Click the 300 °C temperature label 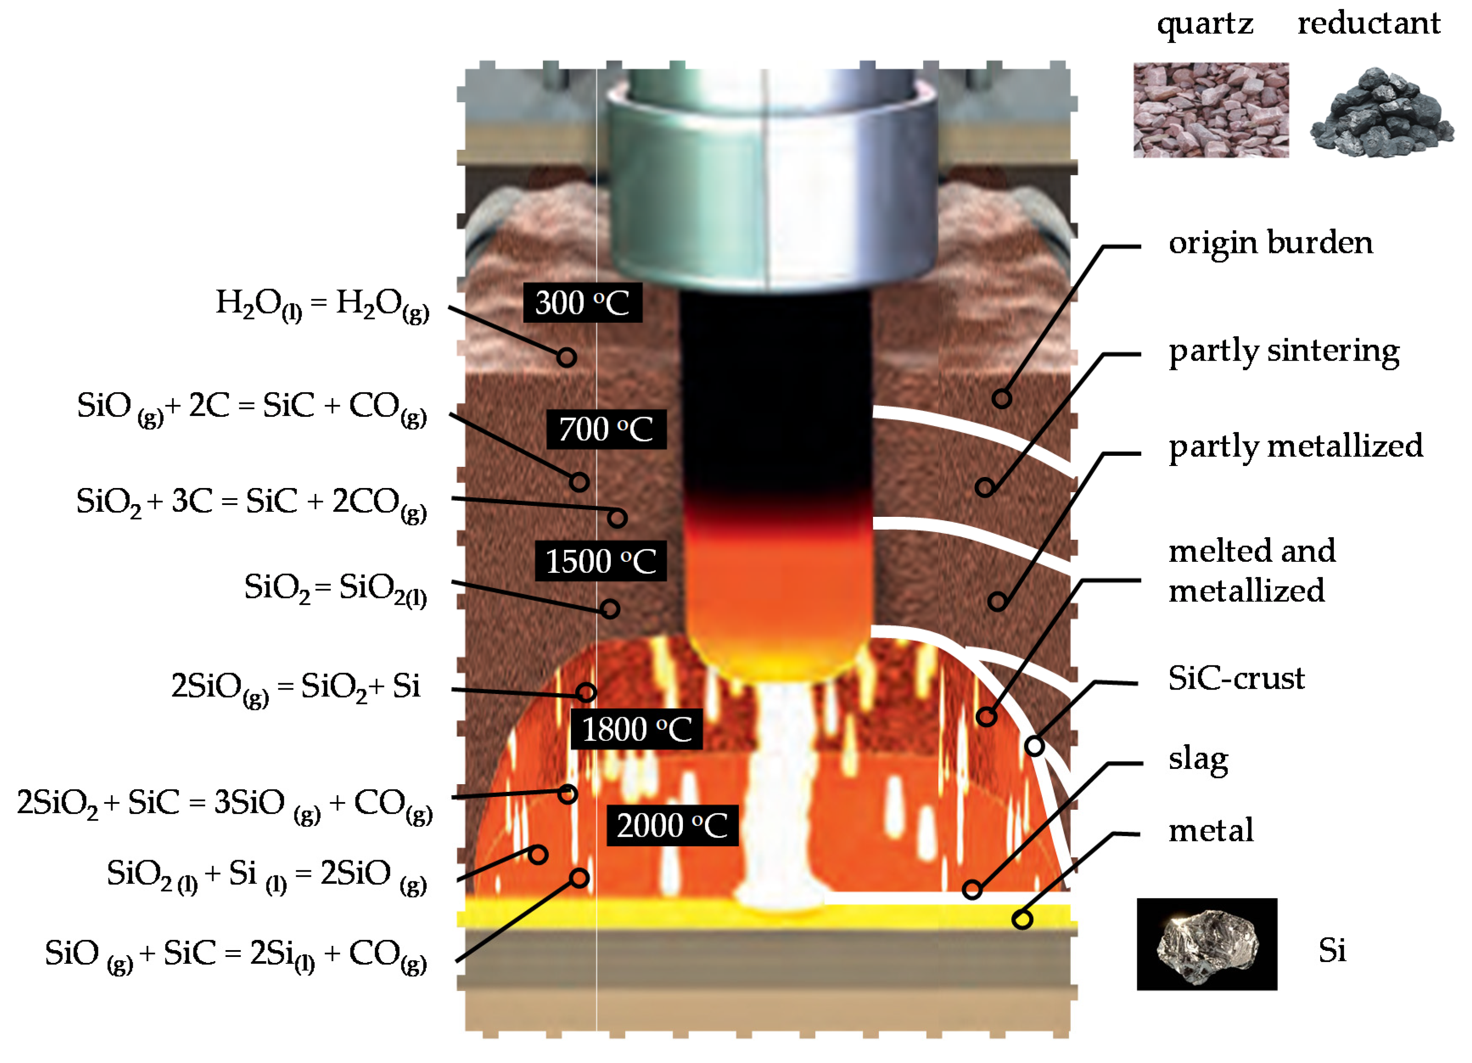pyautogui.click(x=582, y=303)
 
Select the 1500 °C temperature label pyautogui.click(x=600, y=561)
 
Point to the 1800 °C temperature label pyautogui.click(x=636, y=729)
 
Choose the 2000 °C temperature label pyautogui.click(x=672, y=825)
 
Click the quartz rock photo pyautogui.click(x=1210, y=110)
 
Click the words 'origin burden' pyautogui.click(x=1270, y=243)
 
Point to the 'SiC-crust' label pyautogui.click(x=1236, y=679)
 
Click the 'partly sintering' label pyautogui.click(x=1283, y=351)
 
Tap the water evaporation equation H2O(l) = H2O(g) pyautogui.click(x=322, y=304)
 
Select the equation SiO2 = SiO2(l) pyautogui.click(x=335, y=588)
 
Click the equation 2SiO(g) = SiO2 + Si pyautogui.click(x=295, y=687)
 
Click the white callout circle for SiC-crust pyautogui.click(x=1035, y=746)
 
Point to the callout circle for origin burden pyautogui.click(x=1002, y=398)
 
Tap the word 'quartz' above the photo pyautogui.click(x=1205, y=25)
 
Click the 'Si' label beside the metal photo pyautogui.click(x=1332, y=951)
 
